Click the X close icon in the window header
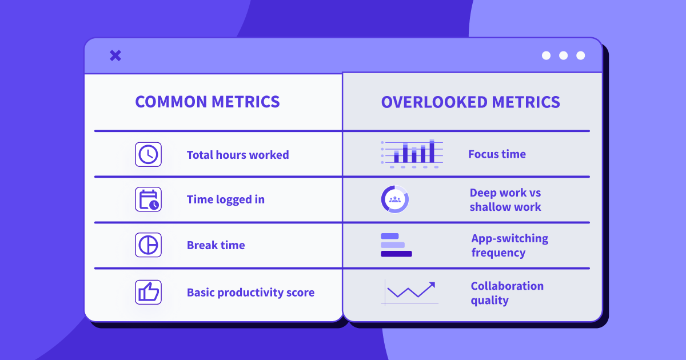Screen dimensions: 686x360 (115, 56)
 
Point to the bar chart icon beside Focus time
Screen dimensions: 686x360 (412, 154)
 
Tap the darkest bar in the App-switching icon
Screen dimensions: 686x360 (396, 254)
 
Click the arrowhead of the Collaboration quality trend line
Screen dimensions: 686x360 (432, 285)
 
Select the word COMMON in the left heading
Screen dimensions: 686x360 (171, 102)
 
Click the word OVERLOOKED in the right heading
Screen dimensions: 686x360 (434, 102)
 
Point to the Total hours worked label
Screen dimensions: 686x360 (238, 155)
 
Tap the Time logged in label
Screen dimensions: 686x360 (226, 199)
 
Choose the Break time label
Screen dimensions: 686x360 (216, 245)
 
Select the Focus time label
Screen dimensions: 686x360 (497, 154)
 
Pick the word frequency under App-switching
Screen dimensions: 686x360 (498, 253)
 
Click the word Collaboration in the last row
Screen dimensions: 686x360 (507, 286)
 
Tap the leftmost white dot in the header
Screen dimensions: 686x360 (546, 55)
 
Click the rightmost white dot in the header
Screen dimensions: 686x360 (580, 55)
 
